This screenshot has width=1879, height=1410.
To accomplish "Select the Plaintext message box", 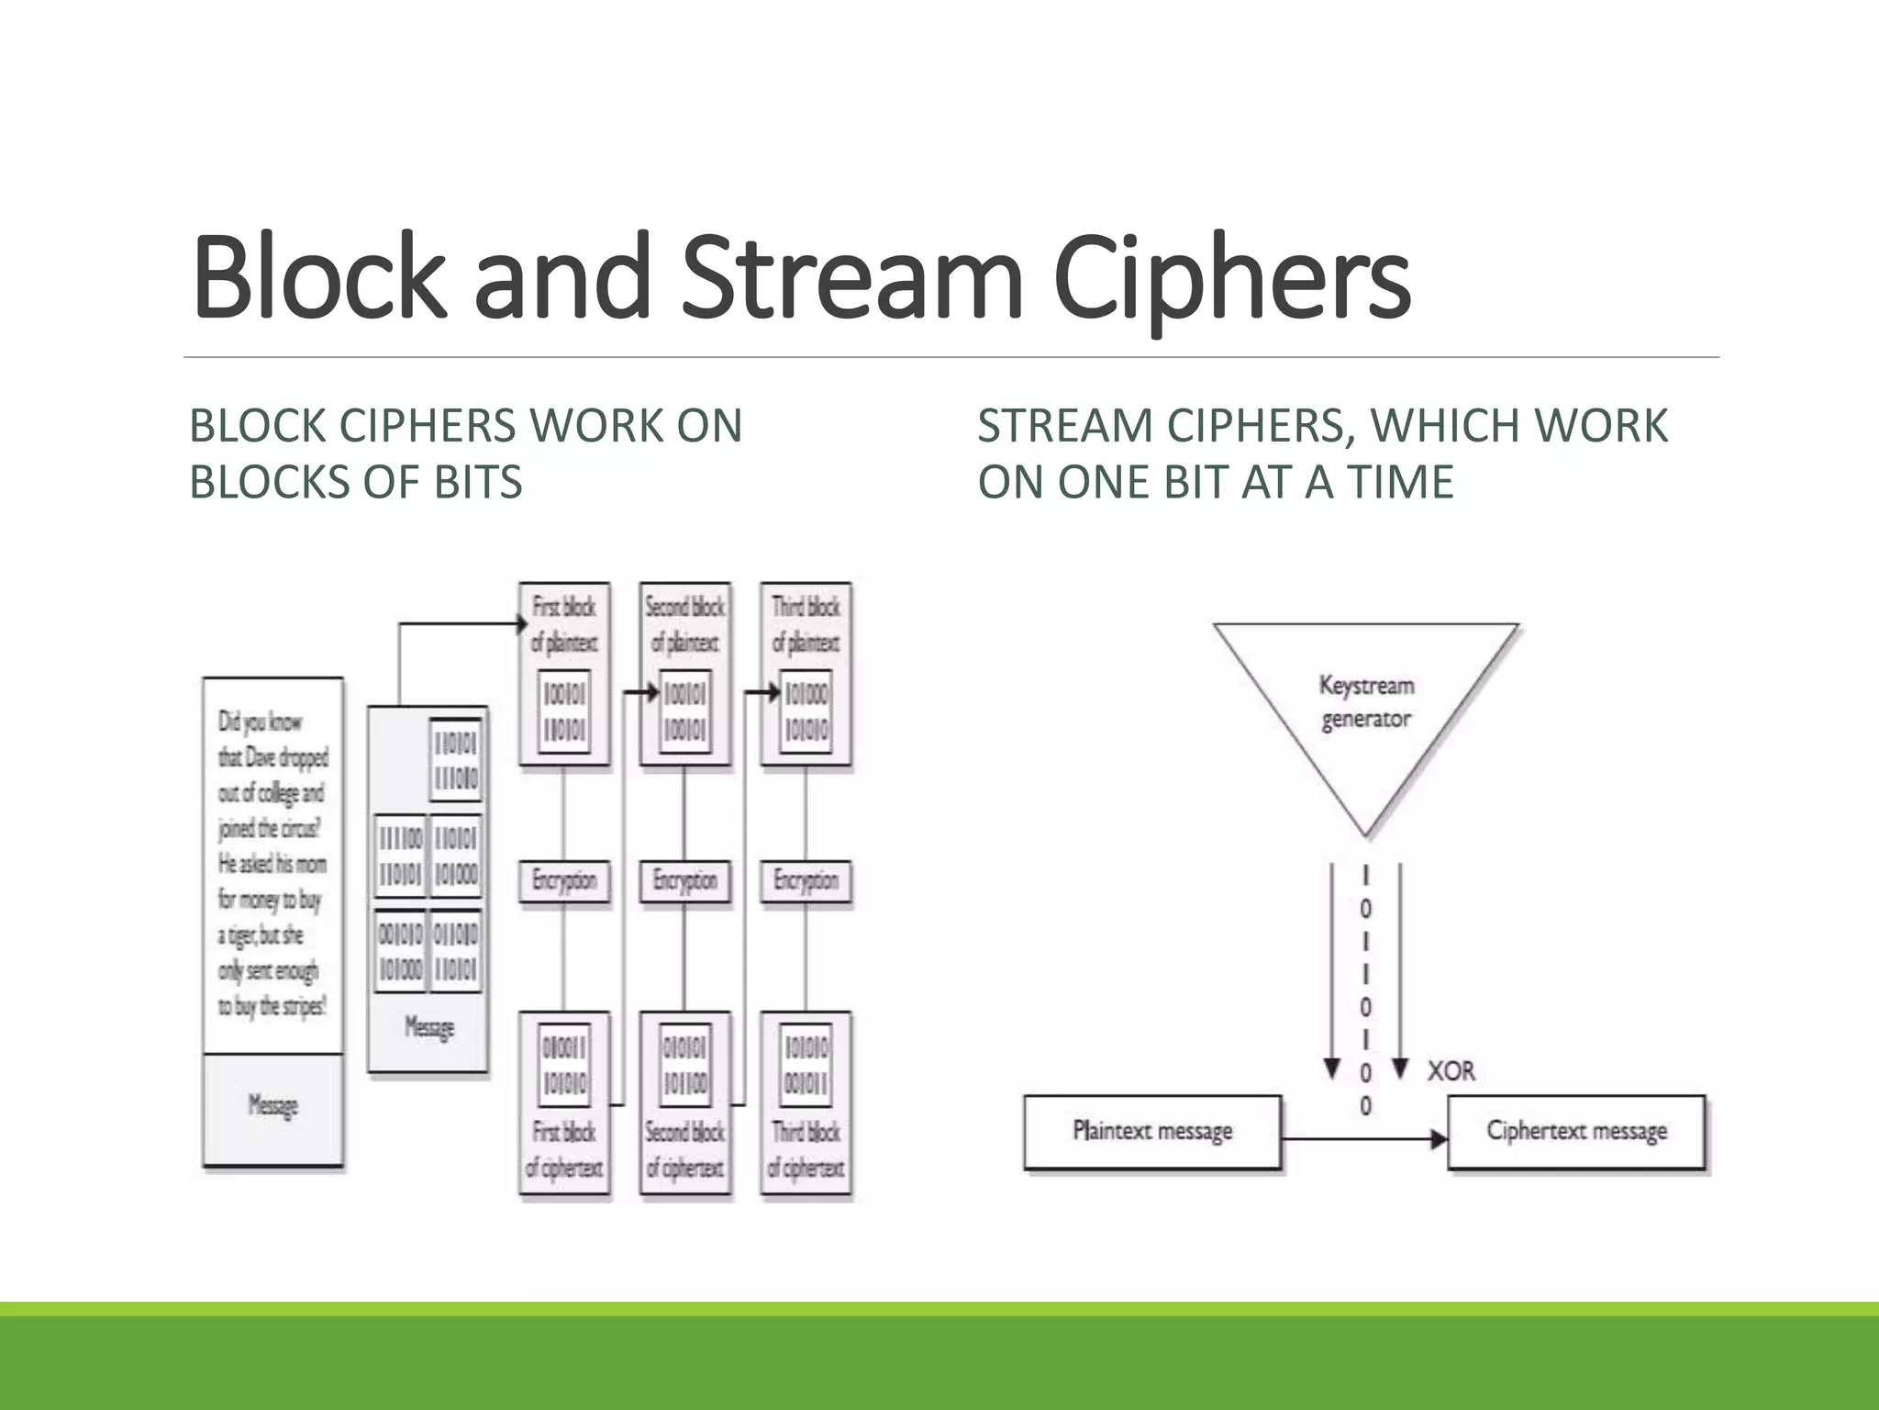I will tap(1152, 1131).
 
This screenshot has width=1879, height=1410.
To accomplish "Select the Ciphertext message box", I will tap(1576, 1131).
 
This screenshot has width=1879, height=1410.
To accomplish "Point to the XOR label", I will tap(1451, 1071).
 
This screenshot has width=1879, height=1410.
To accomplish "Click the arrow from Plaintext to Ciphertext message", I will tap(1363, 1139).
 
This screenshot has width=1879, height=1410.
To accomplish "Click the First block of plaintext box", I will tap(564, 674).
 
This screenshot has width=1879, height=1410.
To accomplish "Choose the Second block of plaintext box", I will tap(684, 674).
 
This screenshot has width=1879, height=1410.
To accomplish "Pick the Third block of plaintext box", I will tap(806, 674).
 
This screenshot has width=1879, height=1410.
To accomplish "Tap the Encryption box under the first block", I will tap(564, 881).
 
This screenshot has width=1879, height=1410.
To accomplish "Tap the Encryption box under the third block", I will tap(806, 881).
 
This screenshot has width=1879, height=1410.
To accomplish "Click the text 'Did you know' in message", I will tap(260, 722).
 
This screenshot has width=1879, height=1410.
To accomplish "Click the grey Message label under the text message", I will tap(273, 1106).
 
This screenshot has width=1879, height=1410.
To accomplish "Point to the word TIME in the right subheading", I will tap(1400, 482).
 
